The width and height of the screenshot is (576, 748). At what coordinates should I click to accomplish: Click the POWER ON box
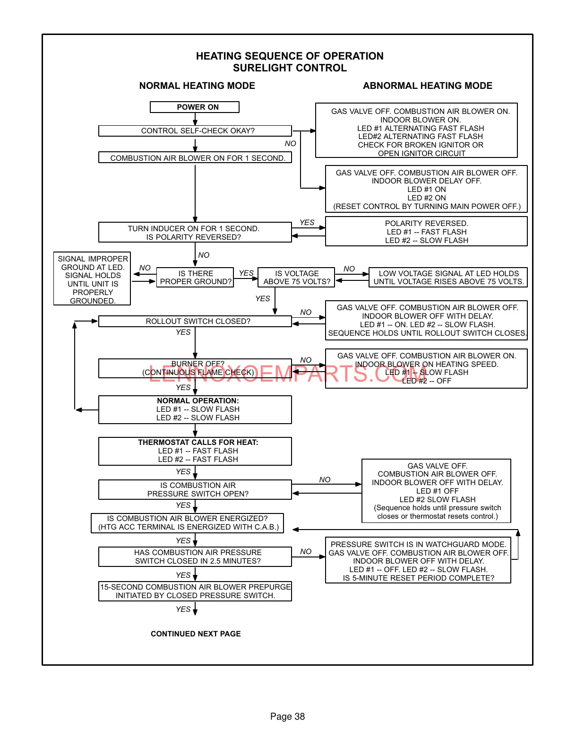[x=195, y=107]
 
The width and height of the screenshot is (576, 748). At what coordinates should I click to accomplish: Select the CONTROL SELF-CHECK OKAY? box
[x=195, y=131]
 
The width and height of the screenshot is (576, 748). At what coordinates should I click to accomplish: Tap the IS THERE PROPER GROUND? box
[x=195, y=278]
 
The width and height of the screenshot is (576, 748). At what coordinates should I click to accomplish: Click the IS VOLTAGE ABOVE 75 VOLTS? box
[x=296, y=278]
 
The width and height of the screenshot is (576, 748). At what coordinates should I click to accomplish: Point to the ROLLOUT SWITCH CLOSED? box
[x=195, y=322]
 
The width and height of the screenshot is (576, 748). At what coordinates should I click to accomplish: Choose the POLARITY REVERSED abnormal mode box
[x=426, y=232]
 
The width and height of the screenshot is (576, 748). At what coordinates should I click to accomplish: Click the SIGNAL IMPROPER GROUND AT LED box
[x=93, y=279]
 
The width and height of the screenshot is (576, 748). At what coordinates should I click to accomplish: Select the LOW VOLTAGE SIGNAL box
[x=448, y=278]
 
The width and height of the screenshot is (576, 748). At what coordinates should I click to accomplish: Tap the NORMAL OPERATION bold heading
[x=198, y=401]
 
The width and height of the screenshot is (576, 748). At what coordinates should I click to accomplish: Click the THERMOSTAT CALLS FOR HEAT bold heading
[x=198, y=443]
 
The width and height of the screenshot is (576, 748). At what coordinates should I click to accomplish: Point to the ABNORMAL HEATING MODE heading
[x=427, y=86]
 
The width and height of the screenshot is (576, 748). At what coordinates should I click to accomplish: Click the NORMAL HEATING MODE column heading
[x=197, y=86]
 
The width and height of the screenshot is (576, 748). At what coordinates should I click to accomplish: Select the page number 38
[x=287, y=716]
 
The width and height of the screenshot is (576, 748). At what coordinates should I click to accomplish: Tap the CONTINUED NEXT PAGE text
[x=196, y=634]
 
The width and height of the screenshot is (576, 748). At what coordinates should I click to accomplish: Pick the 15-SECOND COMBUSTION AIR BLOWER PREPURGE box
[x=195, y=591]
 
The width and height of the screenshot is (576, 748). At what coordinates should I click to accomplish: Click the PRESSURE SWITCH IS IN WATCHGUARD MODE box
[x=418, y=561]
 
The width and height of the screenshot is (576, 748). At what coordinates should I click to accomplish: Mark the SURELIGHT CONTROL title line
[x=290, y=68]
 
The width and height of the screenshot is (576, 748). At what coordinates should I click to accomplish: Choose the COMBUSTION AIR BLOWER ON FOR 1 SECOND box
[x=195, y=158]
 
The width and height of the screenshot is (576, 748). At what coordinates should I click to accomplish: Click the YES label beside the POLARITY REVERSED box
[x=307, y=223]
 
